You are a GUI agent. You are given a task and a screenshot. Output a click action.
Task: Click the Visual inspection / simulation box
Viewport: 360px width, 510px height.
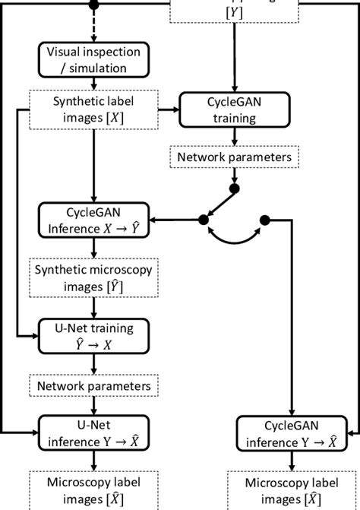93,60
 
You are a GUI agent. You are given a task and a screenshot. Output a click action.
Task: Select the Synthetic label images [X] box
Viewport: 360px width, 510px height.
93,109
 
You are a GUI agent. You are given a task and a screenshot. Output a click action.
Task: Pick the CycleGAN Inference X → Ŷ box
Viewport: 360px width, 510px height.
93,220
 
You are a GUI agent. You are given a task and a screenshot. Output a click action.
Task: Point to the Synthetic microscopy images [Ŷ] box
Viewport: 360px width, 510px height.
93,278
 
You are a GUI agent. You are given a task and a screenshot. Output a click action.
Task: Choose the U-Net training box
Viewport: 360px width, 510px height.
93,337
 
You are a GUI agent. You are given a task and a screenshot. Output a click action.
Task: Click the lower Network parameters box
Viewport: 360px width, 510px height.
93,386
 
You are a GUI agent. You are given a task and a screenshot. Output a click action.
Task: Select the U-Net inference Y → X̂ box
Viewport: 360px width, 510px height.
93,432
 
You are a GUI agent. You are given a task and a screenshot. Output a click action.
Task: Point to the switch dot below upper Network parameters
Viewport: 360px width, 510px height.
235,188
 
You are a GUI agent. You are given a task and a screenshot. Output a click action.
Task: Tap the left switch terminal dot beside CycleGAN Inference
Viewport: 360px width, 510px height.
203,220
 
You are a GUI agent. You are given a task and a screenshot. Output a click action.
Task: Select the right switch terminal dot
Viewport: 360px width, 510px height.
265,220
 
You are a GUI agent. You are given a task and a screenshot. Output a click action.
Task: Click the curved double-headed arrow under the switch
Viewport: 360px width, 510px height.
234,242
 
